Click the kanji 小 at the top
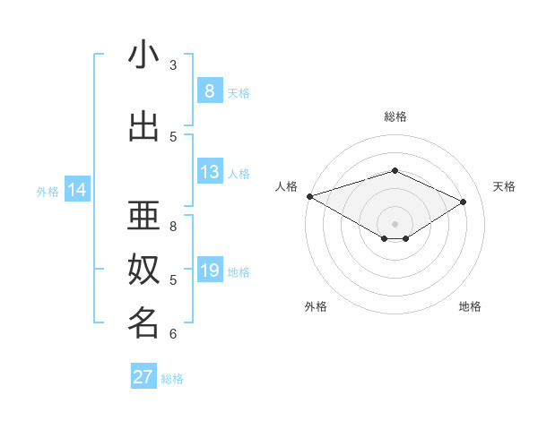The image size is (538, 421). tap(143, 56)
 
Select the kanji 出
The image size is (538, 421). tap(143, 127)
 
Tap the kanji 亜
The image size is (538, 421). tap(143, 216)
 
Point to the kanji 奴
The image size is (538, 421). tap(143, 270)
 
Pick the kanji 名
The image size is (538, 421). tap(143, 323)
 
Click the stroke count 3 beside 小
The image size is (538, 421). tap(173, 65)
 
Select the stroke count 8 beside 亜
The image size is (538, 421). tap(173, 226)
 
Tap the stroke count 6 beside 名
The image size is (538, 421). tap(173, 334)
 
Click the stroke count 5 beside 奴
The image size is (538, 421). tap(173, 279)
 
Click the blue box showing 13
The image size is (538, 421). tap(209, 173)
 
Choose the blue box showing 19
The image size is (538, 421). tap(209, 271)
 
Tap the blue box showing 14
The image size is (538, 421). tap(77, 190)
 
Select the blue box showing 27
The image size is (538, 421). tap(143, 377)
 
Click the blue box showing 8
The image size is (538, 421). tap(209, 91)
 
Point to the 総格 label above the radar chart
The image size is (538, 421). tap(395, 116)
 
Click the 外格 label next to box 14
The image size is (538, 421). tap(48, 191)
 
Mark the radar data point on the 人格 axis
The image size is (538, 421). tap(309, 196)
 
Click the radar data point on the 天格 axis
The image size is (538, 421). tap(464, 202)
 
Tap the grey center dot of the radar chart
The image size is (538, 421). tap(395, 223)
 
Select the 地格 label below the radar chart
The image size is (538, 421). tap(470, 306)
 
